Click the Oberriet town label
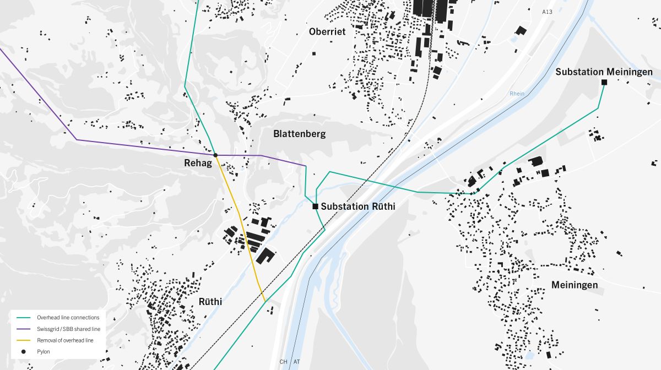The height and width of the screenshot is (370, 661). click(x=327, y=32)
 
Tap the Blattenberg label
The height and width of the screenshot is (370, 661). click(x=299, y=134)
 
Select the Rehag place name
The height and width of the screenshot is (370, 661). click(x=198, y=163)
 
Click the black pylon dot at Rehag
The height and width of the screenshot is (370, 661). click(x=215, y=155)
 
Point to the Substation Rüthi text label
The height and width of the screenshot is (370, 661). click(x=358, y=206)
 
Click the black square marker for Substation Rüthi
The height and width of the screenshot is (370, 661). click(x=315, y=206)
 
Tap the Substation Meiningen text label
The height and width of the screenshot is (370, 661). click(x=604, y=72)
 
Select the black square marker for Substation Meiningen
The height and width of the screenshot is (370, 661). click(x=604, y=82)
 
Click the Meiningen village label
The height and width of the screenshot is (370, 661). click(x=575, y=285)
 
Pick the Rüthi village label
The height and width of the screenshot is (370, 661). click(x=210, y=302)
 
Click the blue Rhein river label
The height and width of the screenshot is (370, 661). click(x=517, y=94)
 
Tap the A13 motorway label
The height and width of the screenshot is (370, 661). click(x=547, y=12)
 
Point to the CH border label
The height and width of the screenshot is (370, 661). click(x=284, y=362)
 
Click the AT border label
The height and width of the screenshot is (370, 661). click(x=297, y=362)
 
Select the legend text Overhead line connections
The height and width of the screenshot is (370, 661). click(x=68, y=318)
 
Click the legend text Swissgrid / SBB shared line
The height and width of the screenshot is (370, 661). click(x=68, y=329)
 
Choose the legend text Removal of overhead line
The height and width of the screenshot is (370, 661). click(x=65, y=340)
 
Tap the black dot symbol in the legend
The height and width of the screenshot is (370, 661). click(x=24, y=351)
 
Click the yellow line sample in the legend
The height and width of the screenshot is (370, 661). click(x=24, y=340)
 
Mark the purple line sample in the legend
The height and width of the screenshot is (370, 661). click(x=24, y=329)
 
